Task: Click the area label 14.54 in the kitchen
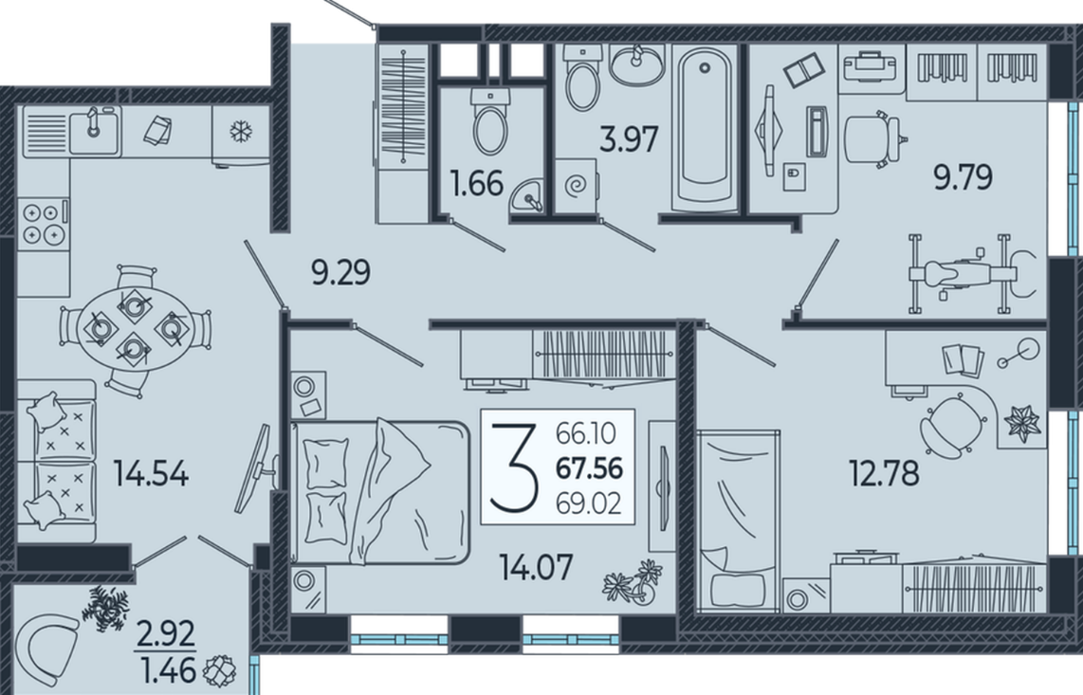point(152,475)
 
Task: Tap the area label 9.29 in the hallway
point(341,272)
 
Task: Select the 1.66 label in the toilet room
point(477,184)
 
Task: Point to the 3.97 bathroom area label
point(629,138)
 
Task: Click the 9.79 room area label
point(963,177)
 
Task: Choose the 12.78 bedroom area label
point(884,474)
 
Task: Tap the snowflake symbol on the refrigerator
point(241,131)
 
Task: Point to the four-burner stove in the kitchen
point(43,224)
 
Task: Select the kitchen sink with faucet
point(94,129)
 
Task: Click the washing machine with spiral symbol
point(576,186)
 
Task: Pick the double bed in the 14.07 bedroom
point(379,492)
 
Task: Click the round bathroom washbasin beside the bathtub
point(637,66)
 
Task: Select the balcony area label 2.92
point(165,634)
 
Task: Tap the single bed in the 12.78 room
point(739,521)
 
